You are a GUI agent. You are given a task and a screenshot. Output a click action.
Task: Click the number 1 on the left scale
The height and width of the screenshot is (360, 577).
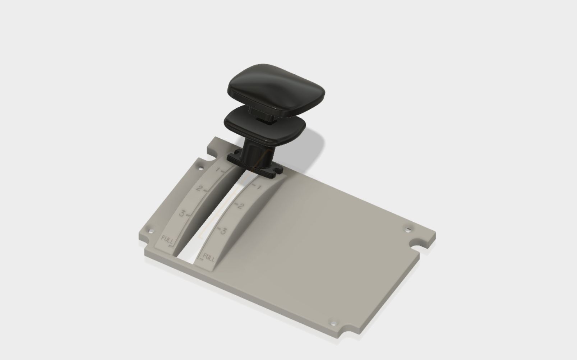pos(217,170)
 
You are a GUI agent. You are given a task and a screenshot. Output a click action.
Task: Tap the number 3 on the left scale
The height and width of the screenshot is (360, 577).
pos(182,213)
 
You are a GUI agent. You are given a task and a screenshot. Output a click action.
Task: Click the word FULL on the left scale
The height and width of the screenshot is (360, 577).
pos(167,239)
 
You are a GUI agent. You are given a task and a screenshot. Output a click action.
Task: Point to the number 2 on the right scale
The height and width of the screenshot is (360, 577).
pos(241,206)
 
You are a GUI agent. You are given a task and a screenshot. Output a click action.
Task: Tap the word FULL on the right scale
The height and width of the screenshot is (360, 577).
pos(209,257)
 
